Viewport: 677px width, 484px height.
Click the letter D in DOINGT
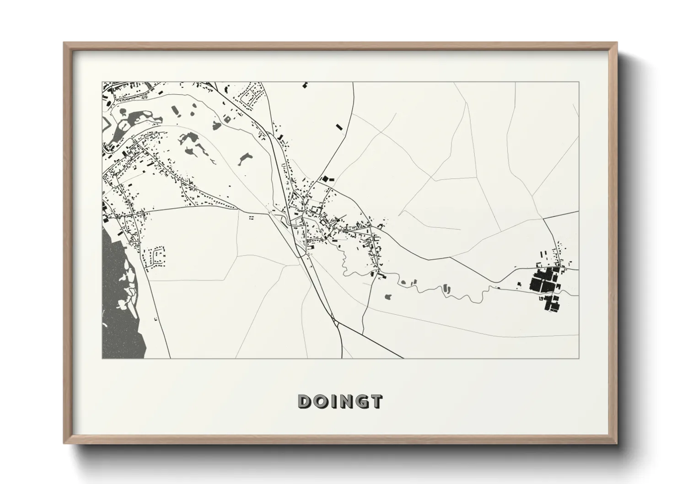[x=305, y=401]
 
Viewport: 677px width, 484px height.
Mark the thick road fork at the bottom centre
[x=337, y=323]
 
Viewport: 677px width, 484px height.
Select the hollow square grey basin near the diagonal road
[x=227, y=119]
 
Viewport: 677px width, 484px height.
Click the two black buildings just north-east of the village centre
[x=325, y=179]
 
